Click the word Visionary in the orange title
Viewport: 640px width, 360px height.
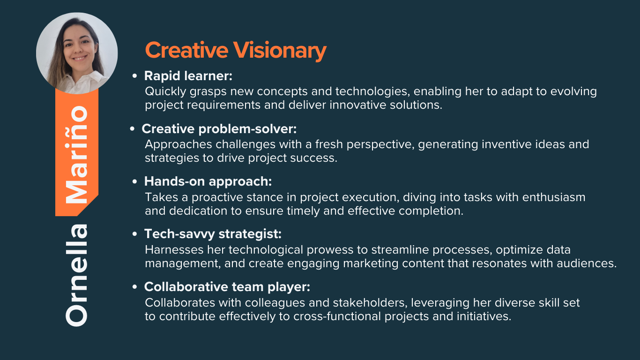pos(280,51)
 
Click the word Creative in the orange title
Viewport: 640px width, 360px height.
pos(186,50)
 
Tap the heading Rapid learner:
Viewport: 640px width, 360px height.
pos(188,76)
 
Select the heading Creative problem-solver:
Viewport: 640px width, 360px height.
pos(219,129)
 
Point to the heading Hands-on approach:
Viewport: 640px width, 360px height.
pos(208,181)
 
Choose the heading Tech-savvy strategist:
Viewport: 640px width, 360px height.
pos(213,234)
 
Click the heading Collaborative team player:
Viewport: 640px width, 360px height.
pos(227,287)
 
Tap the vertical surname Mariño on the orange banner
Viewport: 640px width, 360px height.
pos(76,155)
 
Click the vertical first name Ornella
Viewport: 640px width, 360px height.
pos(76,275)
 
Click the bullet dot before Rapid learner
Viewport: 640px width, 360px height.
pos(134,76)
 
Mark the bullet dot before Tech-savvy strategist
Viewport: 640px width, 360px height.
pos(134,234)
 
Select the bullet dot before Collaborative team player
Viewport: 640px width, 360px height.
pos(134,287)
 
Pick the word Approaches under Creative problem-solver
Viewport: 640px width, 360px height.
pos(179,145)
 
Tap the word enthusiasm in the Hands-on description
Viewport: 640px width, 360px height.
pos(554,197)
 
